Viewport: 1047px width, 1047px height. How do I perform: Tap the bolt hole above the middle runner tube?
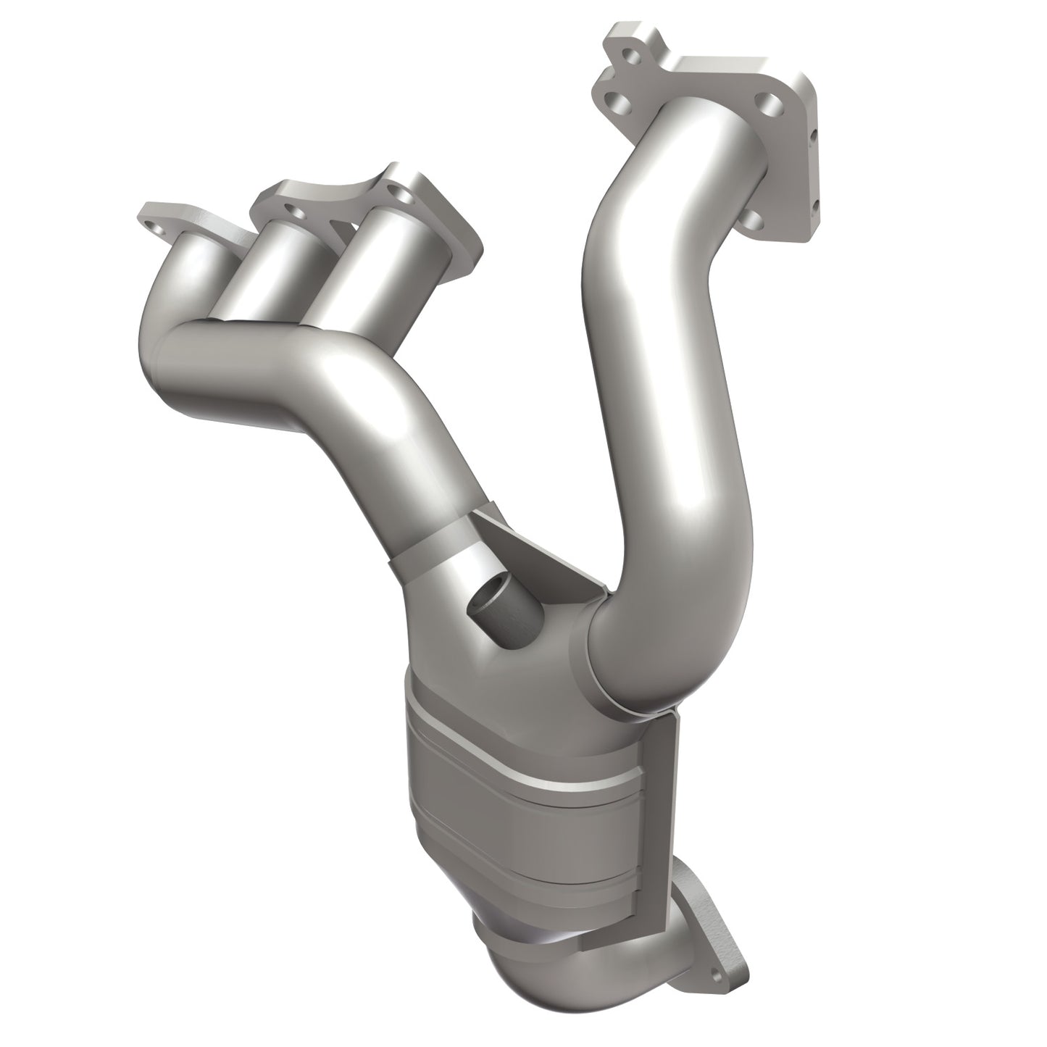pyautogui.click(x=293, y=211)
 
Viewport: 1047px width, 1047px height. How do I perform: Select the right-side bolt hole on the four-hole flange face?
pyautogui.click(x=773, y=104)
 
